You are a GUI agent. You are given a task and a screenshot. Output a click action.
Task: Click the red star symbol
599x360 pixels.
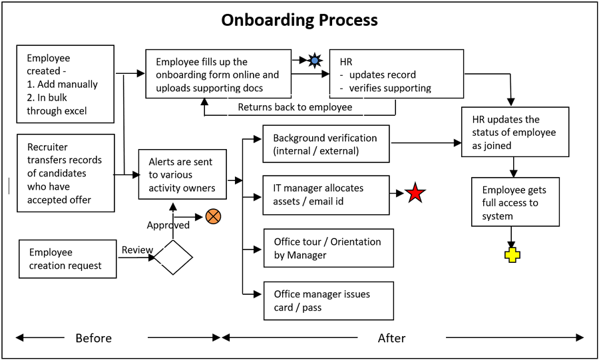[x=415, y=193]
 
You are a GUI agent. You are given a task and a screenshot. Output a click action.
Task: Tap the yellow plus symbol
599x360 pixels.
[x=512, y=255]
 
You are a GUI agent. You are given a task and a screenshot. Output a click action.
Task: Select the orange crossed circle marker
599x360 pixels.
[x=213, y=216]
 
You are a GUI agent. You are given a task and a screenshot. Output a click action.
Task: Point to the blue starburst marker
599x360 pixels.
[x=314, y=61]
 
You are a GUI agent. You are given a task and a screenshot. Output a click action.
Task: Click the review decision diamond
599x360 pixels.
[x=174, y=258]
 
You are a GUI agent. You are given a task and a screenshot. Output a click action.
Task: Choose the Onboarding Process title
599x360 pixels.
[x=299, y=20]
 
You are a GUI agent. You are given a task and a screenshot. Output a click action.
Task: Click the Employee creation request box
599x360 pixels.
[x=68, y=259]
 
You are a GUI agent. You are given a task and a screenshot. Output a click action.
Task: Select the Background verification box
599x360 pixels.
[x=326, y=144]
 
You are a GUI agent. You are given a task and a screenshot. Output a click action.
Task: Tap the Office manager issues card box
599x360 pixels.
[x=329, y=301]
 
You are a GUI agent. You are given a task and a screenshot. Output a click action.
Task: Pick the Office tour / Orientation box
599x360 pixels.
[x=329, y=248]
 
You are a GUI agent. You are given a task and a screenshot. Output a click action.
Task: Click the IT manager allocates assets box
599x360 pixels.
[x=326, y=195]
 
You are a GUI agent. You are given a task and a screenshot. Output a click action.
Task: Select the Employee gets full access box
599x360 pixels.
[x=515, y=202]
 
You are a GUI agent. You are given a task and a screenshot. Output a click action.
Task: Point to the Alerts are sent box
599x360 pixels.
[x=182, y=174]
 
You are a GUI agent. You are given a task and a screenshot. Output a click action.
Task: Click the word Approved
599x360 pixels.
[x=168, y=225]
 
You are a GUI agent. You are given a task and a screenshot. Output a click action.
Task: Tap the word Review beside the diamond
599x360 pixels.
[x=137, y=250]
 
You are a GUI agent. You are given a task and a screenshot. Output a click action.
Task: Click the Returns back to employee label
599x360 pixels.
[x=295, y=107]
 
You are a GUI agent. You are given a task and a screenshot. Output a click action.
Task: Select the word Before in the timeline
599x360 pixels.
[x=94, y=338]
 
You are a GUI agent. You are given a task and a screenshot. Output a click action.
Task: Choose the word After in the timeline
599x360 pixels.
[x=391, y=338]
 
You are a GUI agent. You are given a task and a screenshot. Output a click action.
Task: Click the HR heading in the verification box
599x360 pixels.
[x=346, y=62]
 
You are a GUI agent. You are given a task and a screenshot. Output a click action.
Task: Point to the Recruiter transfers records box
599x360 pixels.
[x=66, y=173]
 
